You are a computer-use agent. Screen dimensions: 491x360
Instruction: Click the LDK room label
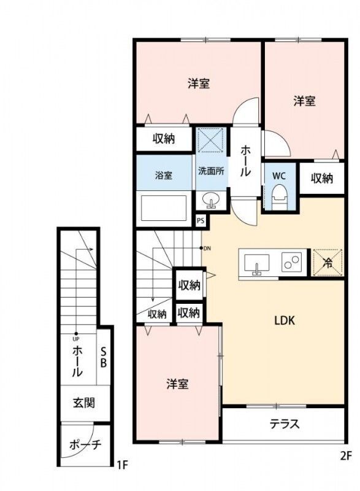click(285, 319)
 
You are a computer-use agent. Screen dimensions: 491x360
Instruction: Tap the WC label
click(279, 175)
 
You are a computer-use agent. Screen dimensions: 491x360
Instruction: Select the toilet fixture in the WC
click(279, 196)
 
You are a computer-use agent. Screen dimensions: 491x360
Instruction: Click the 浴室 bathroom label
click(164, 175)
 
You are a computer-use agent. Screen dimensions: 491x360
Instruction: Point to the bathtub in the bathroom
click(163, 208)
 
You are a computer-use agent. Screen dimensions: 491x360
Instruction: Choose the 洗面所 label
click(210, 171)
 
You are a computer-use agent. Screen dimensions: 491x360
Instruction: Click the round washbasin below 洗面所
click(210, 199)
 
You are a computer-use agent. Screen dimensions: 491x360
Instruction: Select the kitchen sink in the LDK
click(256, 263)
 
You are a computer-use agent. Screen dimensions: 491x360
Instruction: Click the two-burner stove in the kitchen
click(291, 263)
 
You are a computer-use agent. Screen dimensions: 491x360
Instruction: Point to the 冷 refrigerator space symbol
click(327, 263)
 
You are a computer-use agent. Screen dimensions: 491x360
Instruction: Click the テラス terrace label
click(284, 423)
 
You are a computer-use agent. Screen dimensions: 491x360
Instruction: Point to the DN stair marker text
click(207, 248)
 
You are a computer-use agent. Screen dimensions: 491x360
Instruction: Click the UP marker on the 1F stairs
click(76, 338)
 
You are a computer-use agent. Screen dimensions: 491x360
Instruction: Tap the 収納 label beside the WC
click(321, 178)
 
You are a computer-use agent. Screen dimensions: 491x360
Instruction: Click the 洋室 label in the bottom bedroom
click(177, 384)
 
